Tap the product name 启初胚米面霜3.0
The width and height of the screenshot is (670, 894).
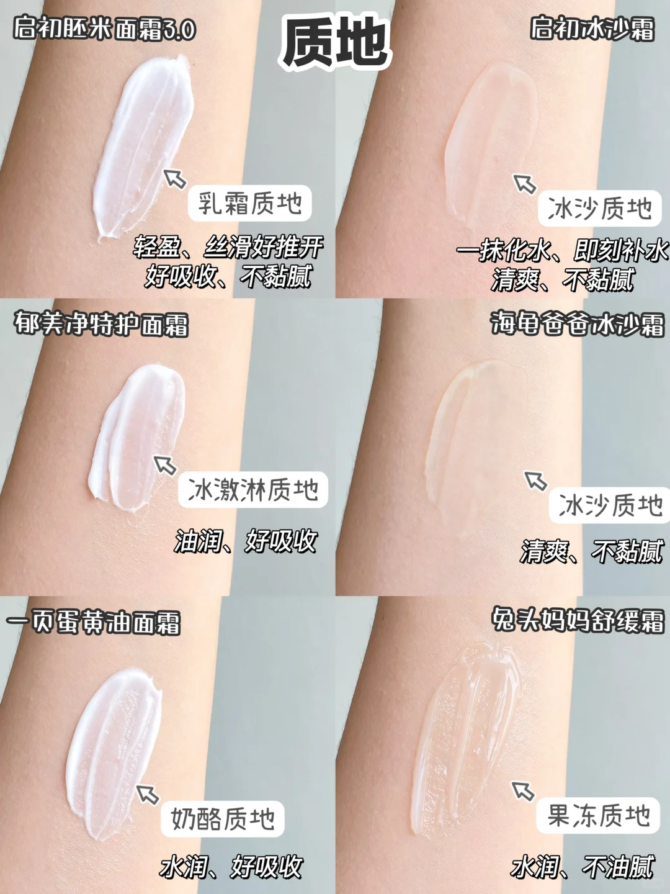105,30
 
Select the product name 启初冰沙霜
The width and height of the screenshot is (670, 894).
592,29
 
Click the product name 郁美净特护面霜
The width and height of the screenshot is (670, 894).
101,325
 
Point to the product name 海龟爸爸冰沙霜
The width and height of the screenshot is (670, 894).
577,325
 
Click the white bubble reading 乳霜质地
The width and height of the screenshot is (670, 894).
249,204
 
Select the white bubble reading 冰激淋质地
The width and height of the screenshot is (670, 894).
252,489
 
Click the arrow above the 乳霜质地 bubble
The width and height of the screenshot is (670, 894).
175,178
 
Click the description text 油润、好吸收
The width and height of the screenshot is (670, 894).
246,541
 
